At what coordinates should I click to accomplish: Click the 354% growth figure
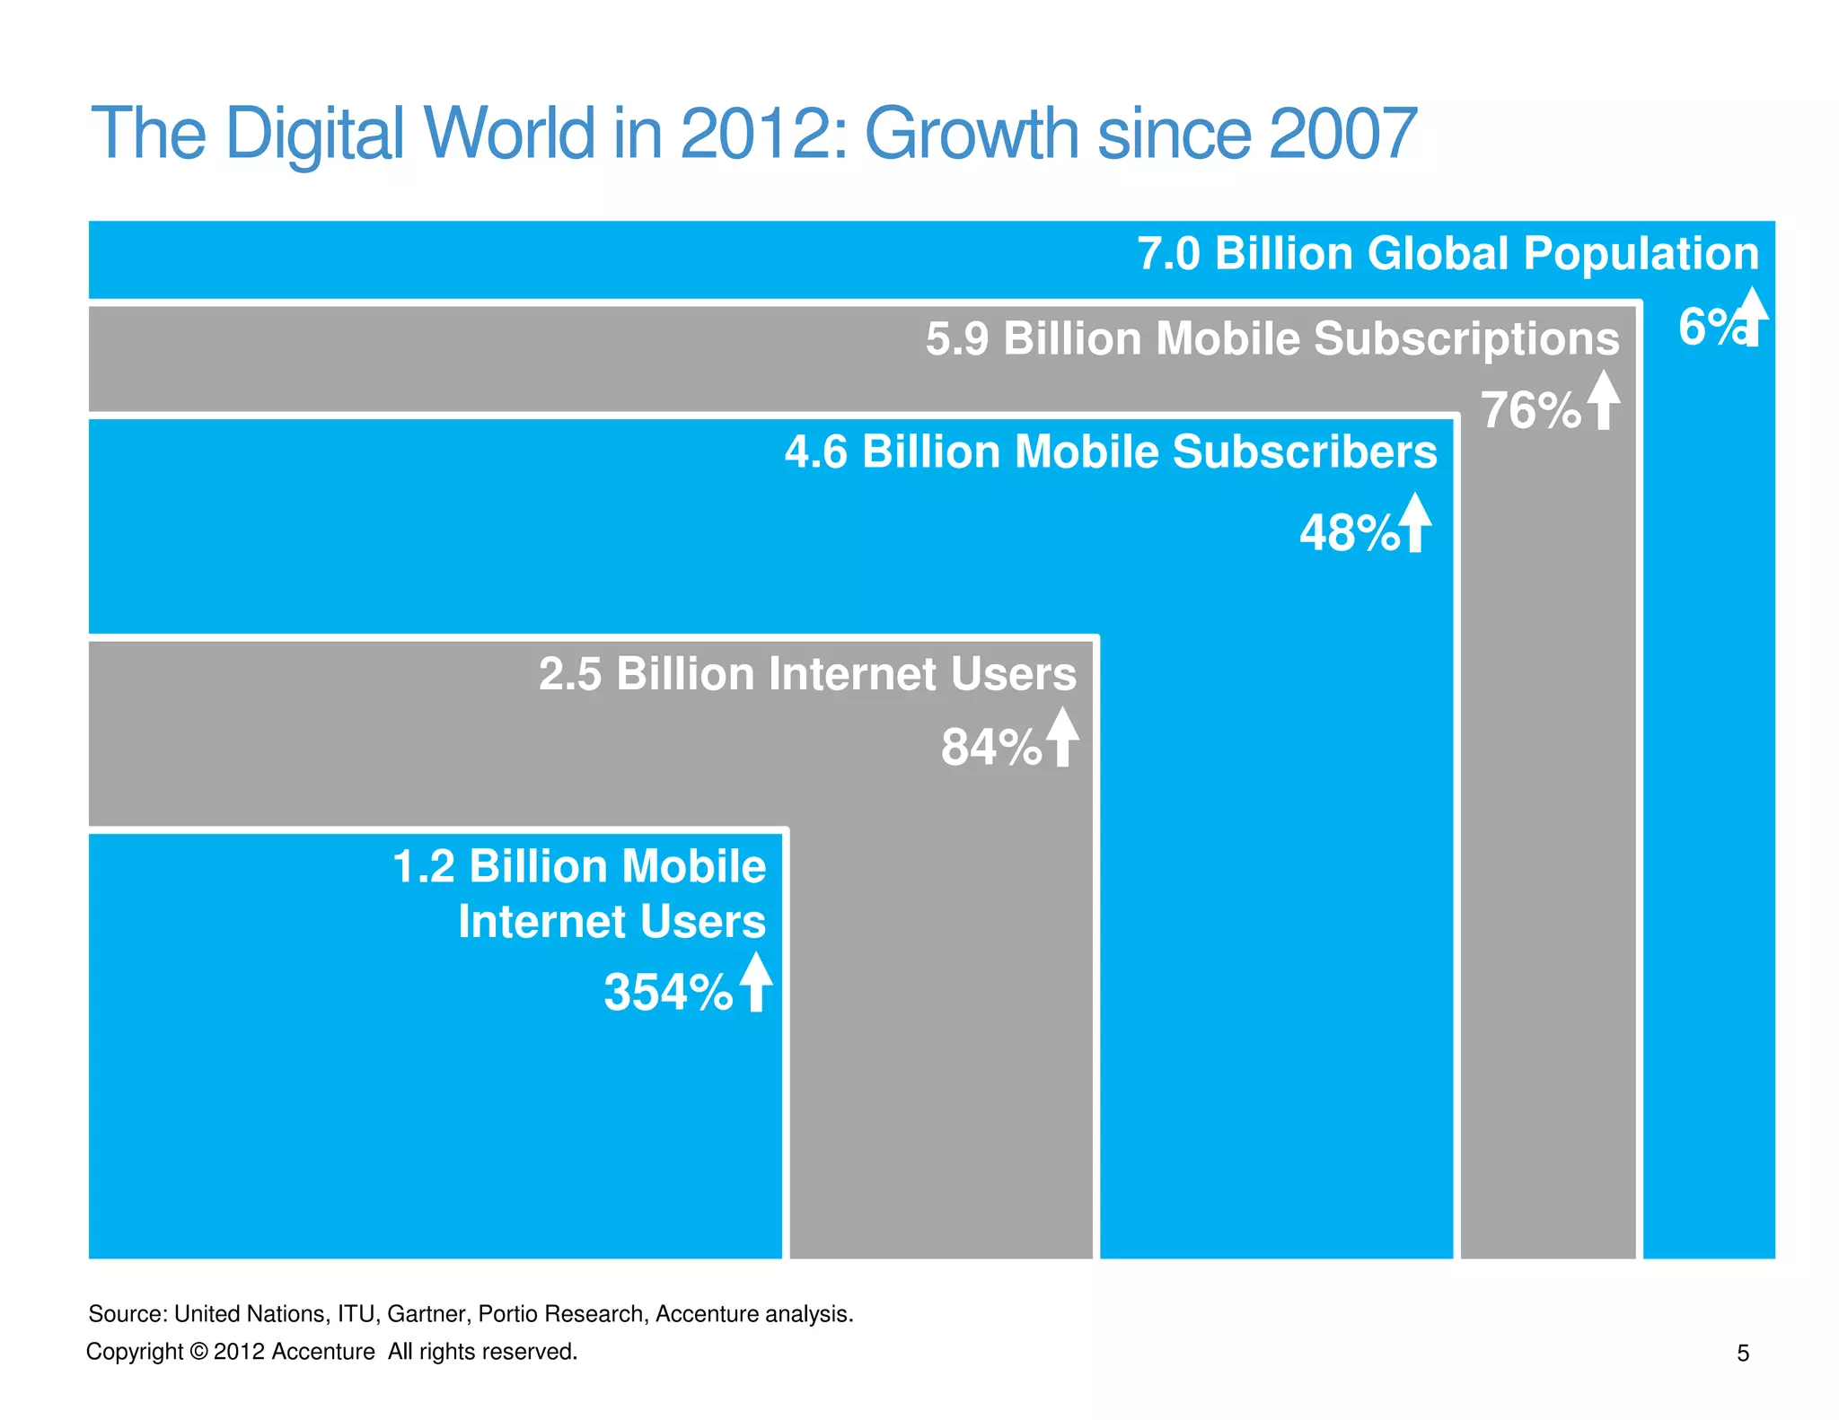tap(667, 993)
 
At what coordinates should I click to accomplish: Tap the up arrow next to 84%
tap(1062, 737)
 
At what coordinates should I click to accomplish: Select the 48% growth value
tap(1349, 533)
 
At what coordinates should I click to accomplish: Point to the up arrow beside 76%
tap(1603, 400)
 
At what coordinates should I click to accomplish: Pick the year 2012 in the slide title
tap(761, 134)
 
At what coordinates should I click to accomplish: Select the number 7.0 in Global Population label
tap(1168, 254)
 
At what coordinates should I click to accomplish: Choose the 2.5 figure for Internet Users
tap(569, 674)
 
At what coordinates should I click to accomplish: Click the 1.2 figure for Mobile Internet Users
tap(423, 867)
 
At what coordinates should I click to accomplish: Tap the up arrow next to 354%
tap(755, 982)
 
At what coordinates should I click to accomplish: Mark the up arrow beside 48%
tap(1415, 522)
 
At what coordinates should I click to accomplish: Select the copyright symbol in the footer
tap(198, 1352)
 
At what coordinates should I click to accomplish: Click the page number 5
tap(1742, 1354)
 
